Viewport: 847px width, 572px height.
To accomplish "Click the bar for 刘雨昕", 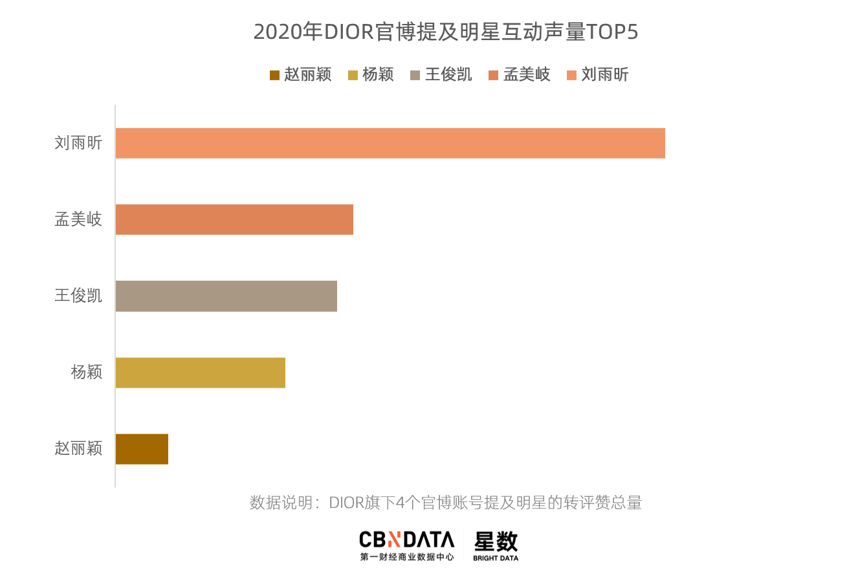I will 390,143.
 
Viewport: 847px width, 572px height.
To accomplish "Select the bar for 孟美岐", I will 234,219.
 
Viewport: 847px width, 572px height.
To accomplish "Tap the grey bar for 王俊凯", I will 226,296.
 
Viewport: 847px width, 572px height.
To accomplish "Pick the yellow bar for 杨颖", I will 201,372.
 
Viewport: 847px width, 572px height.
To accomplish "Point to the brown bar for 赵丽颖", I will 142,448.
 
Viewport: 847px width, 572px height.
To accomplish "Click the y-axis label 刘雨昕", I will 78,143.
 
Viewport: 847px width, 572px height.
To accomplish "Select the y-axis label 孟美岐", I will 78,219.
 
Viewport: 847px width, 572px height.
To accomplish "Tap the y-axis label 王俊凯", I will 78,296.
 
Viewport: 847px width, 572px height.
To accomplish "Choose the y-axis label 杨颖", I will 87,372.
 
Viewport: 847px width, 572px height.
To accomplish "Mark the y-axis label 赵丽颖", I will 78,448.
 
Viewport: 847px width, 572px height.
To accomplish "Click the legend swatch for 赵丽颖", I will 274,75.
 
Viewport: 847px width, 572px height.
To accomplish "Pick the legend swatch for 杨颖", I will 353,75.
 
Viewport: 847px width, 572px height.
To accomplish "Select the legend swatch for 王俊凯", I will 415,75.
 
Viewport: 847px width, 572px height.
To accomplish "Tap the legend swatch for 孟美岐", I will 494,75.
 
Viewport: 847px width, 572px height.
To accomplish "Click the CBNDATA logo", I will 407,545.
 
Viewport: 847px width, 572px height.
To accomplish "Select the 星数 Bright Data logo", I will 496,545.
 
